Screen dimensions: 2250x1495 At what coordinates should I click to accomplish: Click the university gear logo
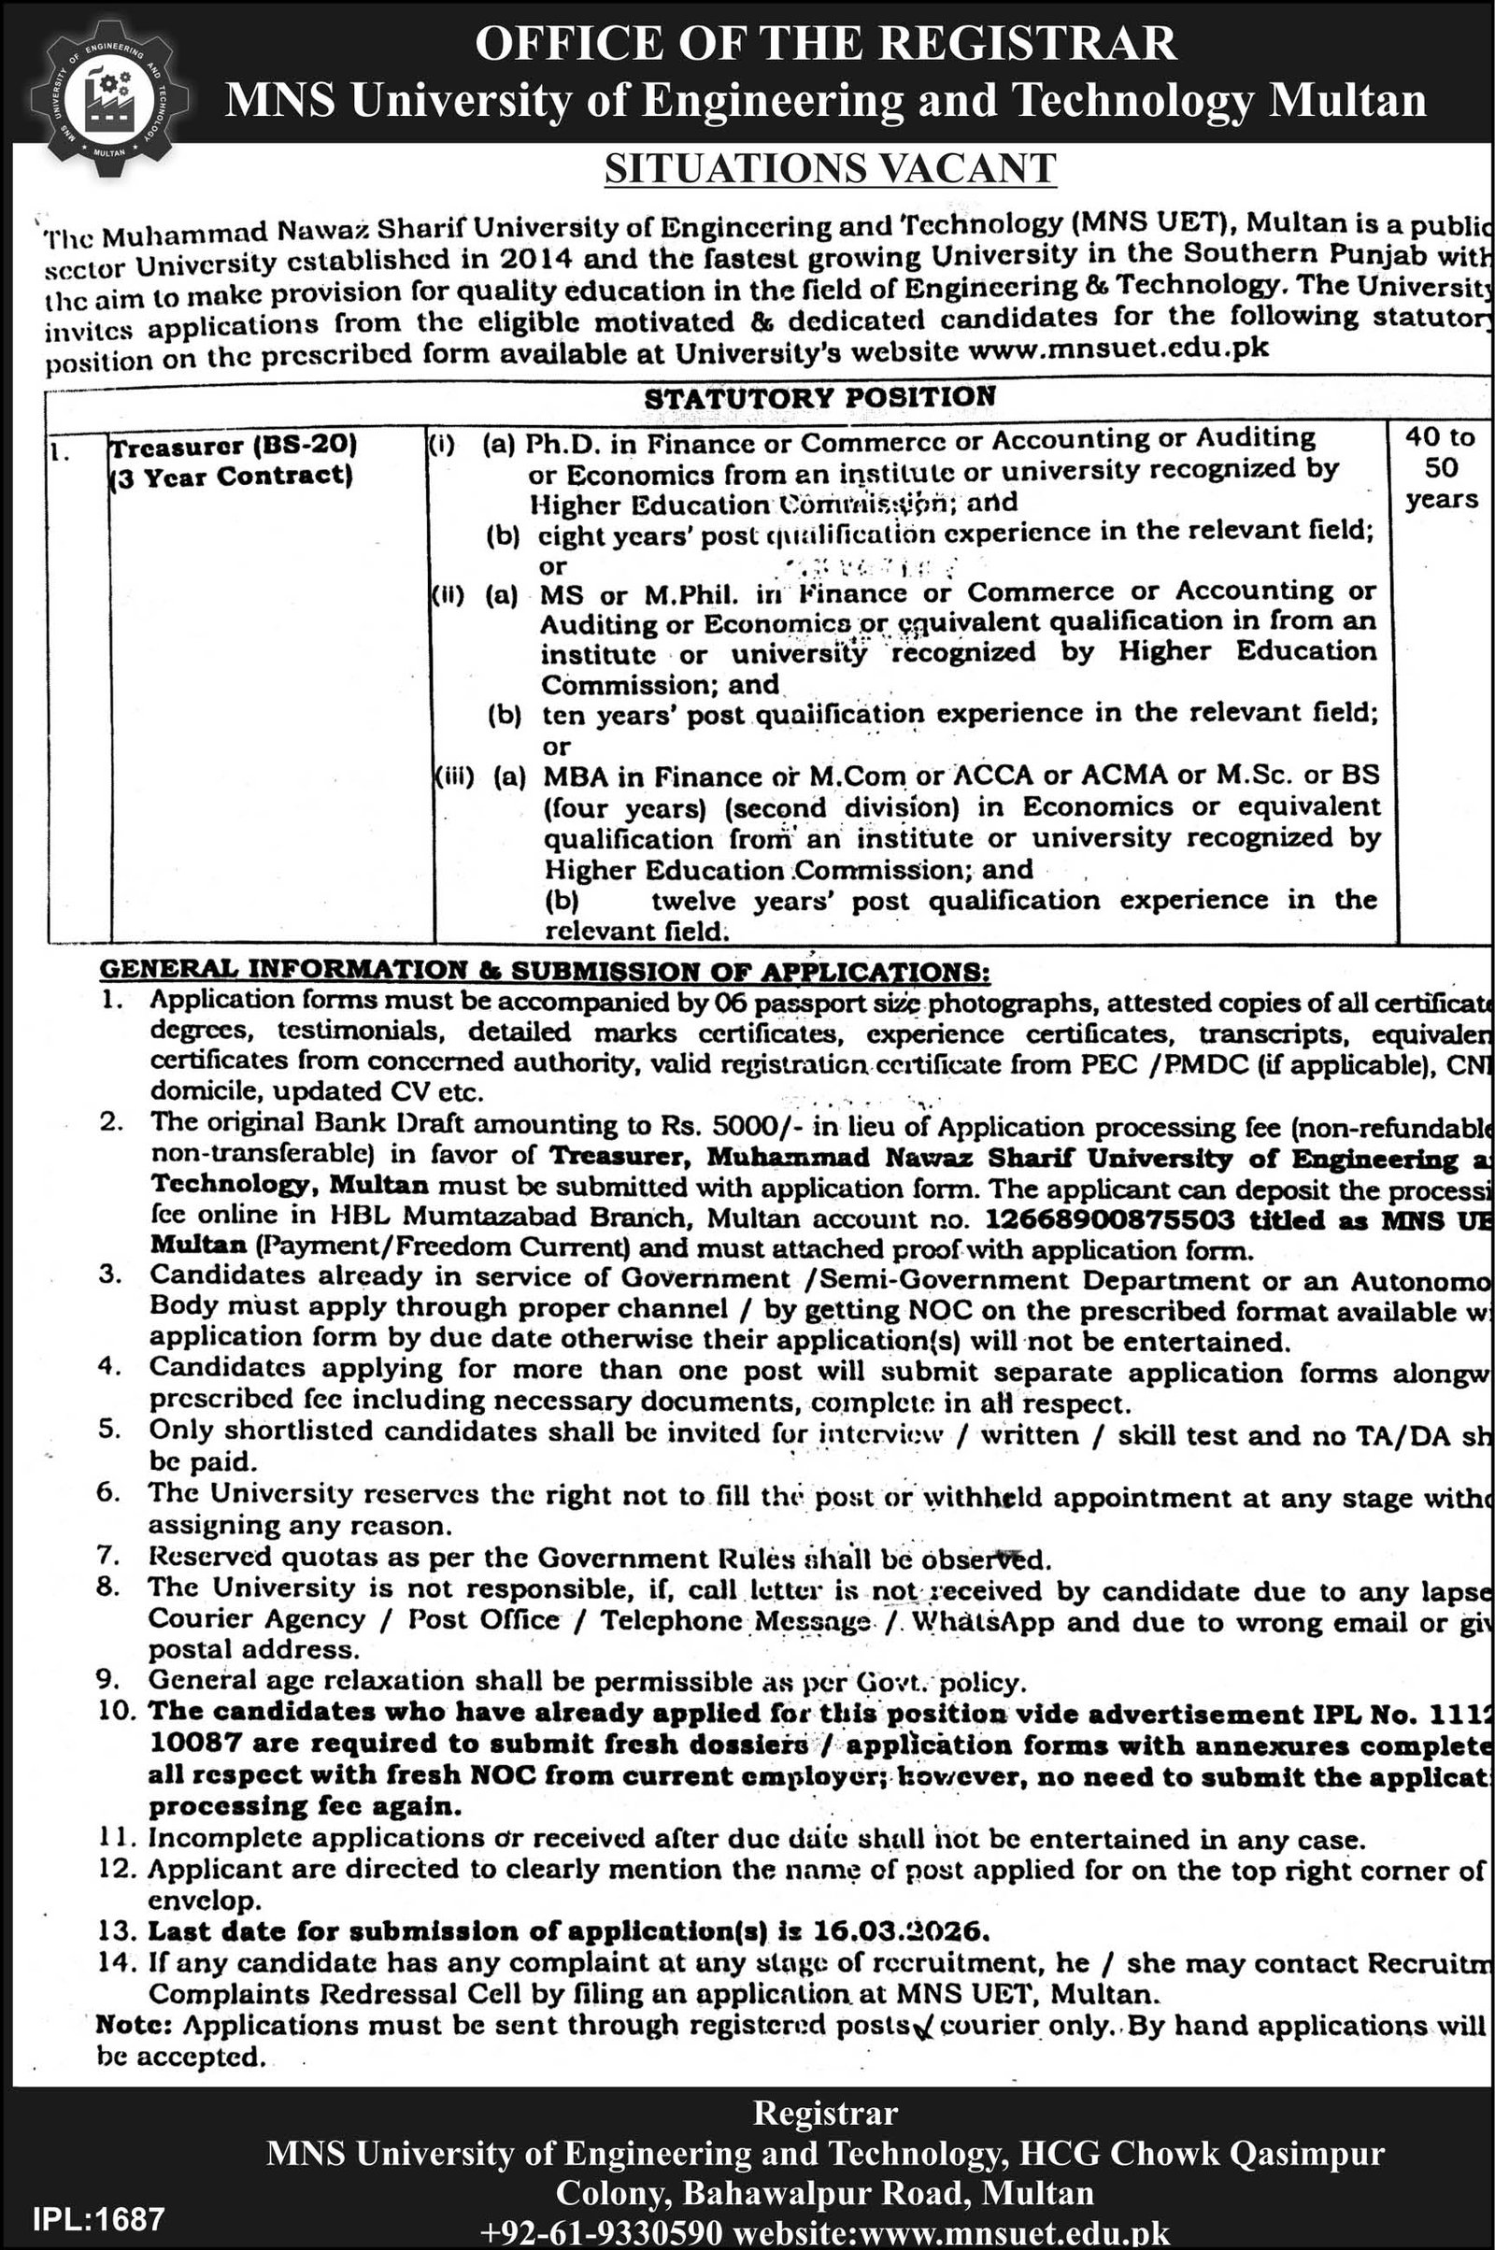107,96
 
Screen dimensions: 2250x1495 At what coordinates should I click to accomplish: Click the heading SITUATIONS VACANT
831,170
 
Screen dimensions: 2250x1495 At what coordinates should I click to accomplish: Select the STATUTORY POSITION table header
820,396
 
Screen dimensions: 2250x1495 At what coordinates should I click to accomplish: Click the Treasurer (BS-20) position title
233,444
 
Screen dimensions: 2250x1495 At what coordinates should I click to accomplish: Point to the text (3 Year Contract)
231,475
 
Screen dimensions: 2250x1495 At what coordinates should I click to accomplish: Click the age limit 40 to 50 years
1440,467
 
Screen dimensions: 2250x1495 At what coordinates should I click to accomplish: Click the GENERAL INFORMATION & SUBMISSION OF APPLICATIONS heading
545,971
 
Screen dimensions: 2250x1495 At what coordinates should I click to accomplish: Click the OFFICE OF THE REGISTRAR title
826,44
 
